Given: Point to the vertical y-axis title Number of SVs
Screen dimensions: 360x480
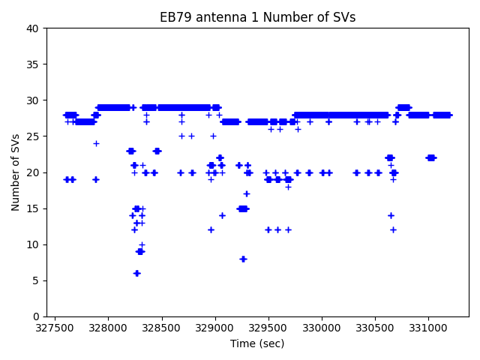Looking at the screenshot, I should tap(16, 172).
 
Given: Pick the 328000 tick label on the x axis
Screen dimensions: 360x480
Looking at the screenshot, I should tap(107, 328).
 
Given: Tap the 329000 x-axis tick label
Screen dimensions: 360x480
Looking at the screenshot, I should tap(214, 328).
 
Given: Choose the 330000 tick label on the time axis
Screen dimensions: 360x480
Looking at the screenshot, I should tap(321, 328).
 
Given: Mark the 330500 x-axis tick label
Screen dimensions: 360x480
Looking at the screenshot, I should tap(375, 328).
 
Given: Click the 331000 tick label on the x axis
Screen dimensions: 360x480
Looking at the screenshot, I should tap(428, 328).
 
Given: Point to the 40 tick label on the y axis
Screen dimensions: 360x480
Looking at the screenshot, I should tap(34, 28).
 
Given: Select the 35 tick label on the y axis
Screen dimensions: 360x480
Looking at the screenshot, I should tap(34, 64).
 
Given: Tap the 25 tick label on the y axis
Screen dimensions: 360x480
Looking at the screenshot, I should tap(34, 136).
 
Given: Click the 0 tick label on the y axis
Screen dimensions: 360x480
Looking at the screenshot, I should tap(37, 316).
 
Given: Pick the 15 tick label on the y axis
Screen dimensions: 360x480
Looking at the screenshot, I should tap(34, 208).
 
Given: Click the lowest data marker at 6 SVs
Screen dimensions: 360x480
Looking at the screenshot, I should tap(136, 273).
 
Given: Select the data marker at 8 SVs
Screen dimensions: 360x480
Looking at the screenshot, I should tap(243, 259).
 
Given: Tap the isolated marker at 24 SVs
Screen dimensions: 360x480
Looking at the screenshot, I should tap(96, 143).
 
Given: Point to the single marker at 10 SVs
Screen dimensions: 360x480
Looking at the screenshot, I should tap(142, 244).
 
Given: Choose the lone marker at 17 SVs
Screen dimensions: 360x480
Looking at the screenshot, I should tap(246, 193).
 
